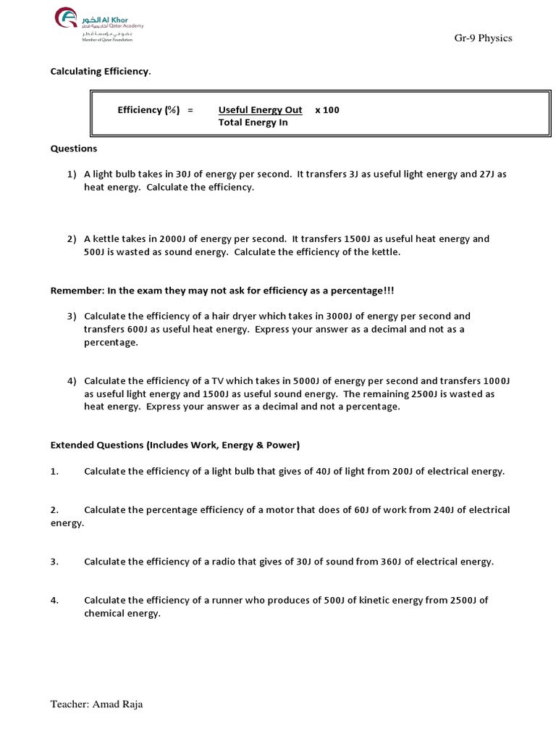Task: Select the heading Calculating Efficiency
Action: click(100, 72)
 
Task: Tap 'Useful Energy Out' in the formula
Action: click(260, 110)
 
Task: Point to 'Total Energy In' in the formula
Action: click(253, 122)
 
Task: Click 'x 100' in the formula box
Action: click(327, 110)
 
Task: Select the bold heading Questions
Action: click(73, 149)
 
